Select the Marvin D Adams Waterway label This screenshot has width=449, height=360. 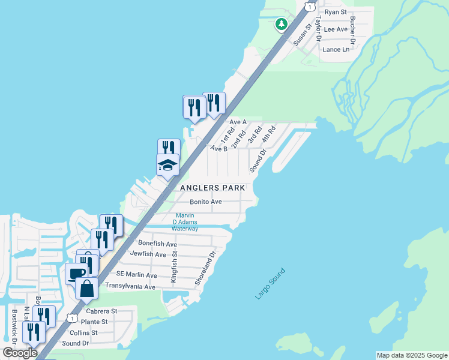[x=185, y=222]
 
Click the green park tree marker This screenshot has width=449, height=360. [x=281, y=24]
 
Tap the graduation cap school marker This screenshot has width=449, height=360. [x=168, y=165]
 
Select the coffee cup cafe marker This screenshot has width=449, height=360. [x=76, y=273]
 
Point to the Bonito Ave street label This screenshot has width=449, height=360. [x=206, y=202]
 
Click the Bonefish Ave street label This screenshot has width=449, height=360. [x=157, y=244]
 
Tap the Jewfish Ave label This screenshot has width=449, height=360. [x=148, y=254]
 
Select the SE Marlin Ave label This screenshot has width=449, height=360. [x=136, y=275]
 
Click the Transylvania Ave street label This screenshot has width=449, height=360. [x=130, y=287]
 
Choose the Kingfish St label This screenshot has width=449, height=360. [x=175, y=268]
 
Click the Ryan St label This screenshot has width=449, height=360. [x=336, y=12]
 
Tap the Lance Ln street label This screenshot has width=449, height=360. [x=336, y=50]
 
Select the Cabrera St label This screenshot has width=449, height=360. [x=101, y=311]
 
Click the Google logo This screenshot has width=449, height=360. [x=20, y=353]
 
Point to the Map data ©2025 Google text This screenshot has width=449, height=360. [x=412, y=355]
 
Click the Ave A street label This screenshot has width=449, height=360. [x=238, y=122]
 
